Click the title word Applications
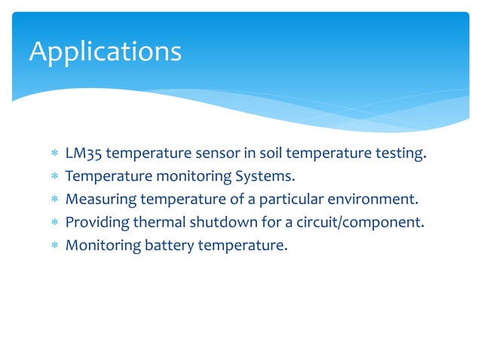coord(105,52)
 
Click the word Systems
coord(267,177)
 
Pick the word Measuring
coord(96,200)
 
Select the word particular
coord(290,200)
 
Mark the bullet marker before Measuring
coord(54,200)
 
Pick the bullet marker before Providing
coord(54,223)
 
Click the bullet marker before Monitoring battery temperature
coord(54,246)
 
